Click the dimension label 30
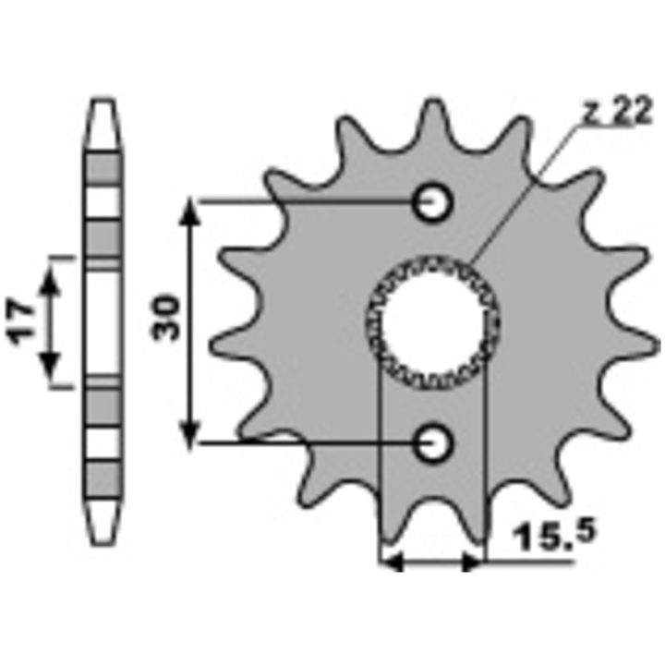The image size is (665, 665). click(166, 318)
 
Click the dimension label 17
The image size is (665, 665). click(21, 322)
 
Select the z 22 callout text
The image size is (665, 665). click(616, 110)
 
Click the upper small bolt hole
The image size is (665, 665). click(432, 202)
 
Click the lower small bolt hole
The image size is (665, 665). click(432, 443)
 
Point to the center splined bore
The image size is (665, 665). click(432, 322)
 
